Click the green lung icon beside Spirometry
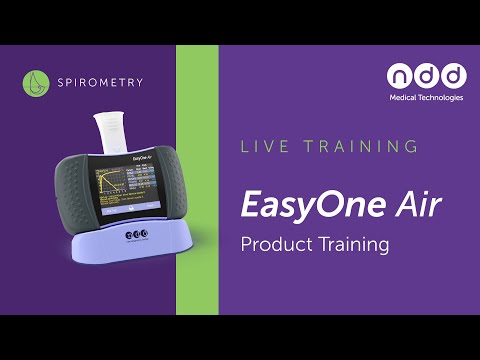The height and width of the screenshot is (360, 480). (37, 82)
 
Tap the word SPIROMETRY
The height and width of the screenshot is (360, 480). (100, 82)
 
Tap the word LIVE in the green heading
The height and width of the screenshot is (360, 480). (262, 147)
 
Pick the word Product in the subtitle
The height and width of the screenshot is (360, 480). (273, 243)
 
